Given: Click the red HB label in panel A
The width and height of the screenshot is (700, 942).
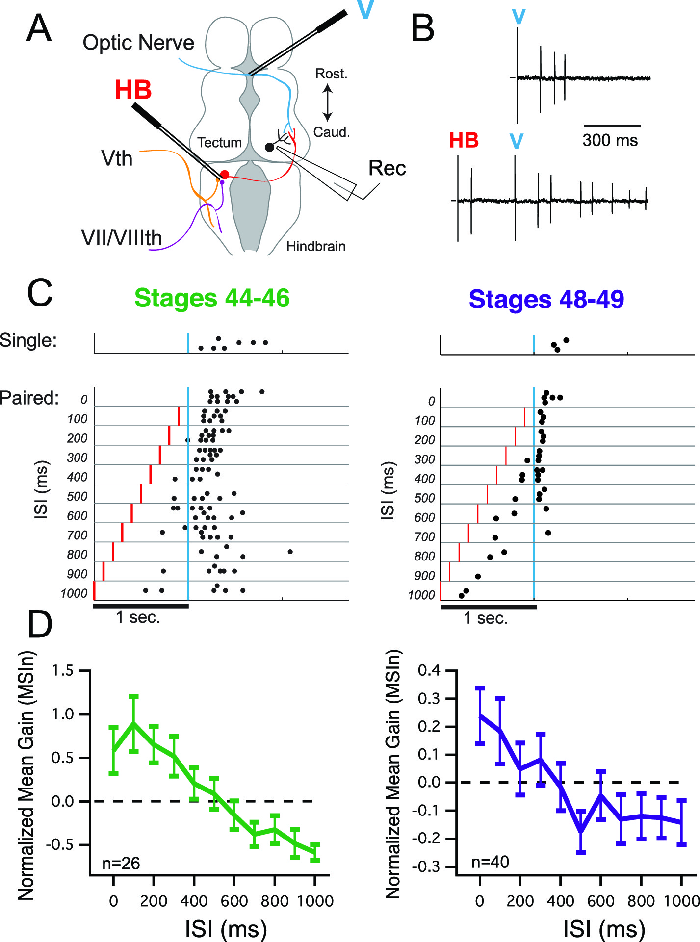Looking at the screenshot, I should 133,90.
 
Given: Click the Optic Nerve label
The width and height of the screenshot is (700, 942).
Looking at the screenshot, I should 138,43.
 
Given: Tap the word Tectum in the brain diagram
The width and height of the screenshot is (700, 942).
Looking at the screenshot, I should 219,143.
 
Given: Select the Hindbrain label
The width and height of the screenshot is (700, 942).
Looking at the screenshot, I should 315,246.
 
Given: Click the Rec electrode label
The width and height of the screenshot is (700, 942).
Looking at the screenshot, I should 387,168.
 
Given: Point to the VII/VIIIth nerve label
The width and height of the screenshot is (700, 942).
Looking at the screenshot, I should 122,238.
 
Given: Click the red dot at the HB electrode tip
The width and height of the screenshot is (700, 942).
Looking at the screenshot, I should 225,175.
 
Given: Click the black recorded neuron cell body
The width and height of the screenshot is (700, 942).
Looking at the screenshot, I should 269,147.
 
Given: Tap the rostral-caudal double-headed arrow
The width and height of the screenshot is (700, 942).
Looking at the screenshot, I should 328,103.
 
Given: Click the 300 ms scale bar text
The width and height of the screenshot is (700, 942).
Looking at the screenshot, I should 610,141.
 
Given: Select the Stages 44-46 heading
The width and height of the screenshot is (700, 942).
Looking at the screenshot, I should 212,298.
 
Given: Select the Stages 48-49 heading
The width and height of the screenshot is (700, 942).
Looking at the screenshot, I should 546,299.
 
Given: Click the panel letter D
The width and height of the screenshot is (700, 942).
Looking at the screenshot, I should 40,625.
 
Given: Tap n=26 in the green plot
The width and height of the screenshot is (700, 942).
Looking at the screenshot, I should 121,863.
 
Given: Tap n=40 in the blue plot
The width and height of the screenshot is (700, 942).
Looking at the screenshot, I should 490,862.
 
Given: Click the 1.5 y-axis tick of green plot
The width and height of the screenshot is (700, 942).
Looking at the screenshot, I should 62,670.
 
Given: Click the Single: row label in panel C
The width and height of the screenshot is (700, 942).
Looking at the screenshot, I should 28,340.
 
